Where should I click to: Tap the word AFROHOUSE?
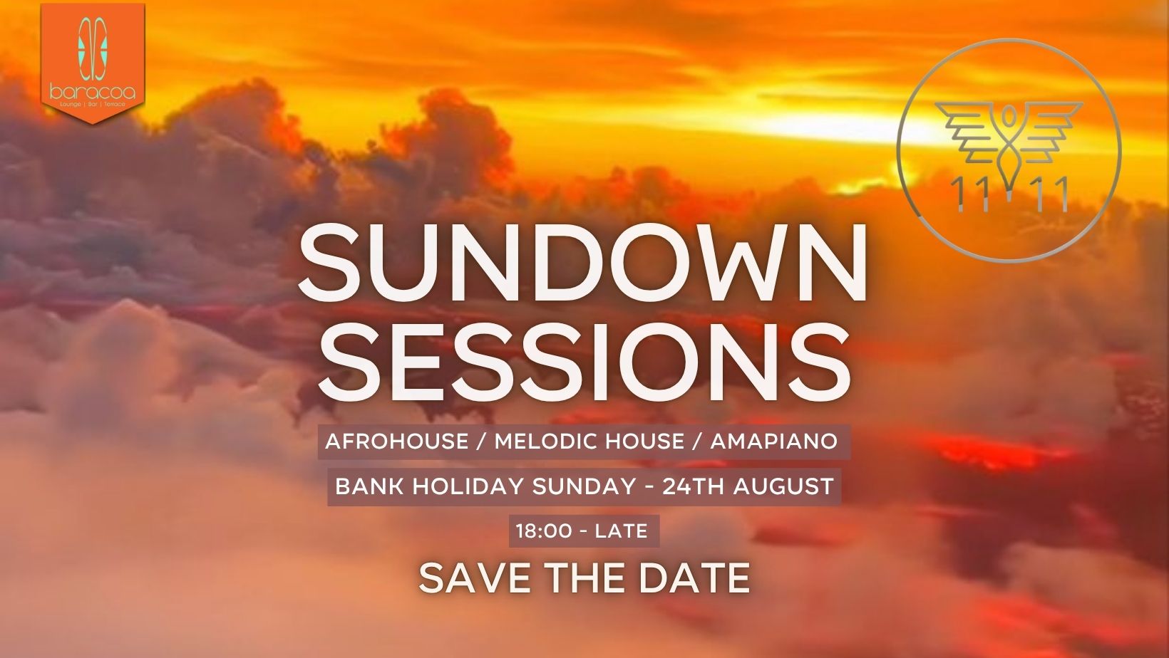tap(396, 442)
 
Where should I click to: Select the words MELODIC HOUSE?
tap(589, 442)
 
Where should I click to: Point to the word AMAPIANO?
tap(774, 442)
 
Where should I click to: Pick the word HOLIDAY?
tap(468, 487)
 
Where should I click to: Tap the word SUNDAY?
tap(584, 487)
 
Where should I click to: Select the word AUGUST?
tap(783, 487)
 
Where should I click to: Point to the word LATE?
tap(621, 531)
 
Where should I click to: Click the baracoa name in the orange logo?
tap(93, 93)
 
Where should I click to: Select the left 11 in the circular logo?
tap(970, 194)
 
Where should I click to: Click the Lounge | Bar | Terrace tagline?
tap(93, 105)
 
